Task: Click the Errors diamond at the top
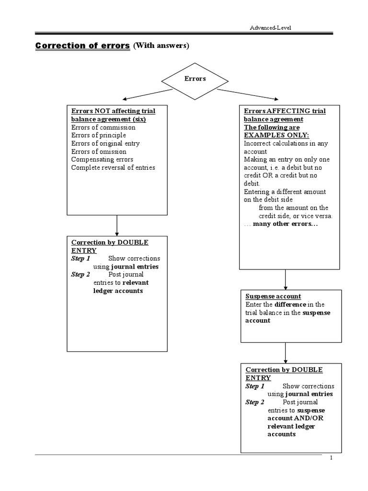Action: [x=195, y=79]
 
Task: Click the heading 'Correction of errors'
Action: [x=83, y=46]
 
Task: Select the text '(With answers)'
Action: [x=161, y=46]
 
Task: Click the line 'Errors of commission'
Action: [x=103, y=127]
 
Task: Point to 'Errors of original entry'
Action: [x=105, y=143]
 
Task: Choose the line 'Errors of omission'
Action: [x=99, y=152]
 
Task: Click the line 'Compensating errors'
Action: [x=102, y=159]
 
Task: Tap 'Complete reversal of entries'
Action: [x=113, y=167]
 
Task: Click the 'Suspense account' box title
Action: [x=273, y=296]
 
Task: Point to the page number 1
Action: [x=331, y=458]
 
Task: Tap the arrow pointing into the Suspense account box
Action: [x=285, y=279]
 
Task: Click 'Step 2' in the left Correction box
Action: [x=80, y=275]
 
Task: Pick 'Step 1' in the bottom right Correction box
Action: [x=255, y=386]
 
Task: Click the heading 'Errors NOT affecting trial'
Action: [x=113, y=111]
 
